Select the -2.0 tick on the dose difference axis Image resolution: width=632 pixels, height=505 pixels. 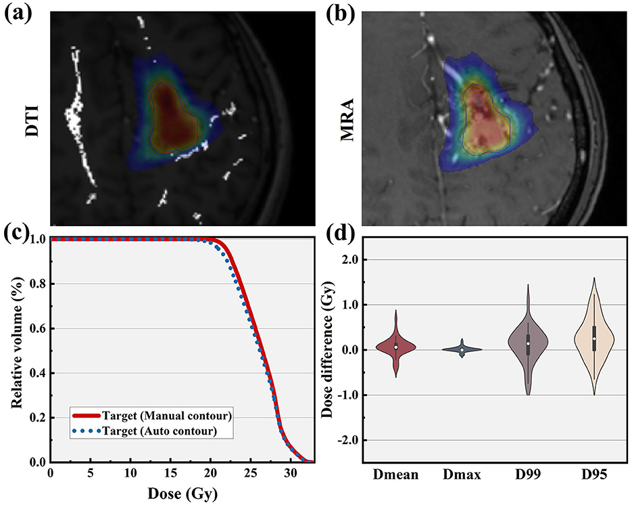372,440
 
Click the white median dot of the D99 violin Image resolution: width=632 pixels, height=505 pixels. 528,343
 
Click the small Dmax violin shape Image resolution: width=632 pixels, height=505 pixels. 462,349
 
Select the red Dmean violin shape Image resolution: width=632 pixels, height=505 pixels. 397,346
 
